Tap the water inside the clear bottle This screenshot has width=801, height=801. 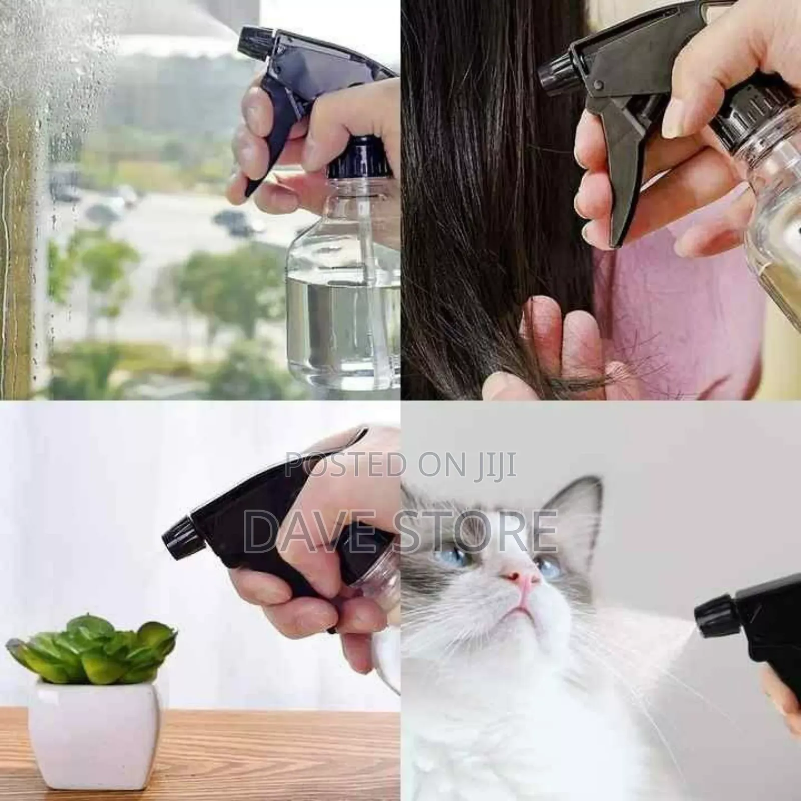[x=345, y=320]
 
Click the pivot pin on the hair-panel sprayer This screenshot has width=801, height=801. [x=597, y=87]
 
